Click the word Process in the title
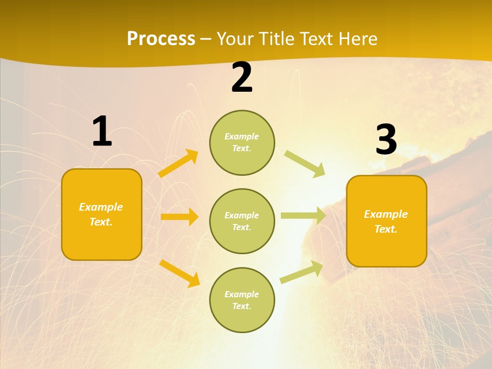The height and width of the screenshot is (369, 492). point(161,39)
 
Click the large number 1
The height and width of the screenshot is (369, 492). point(102,132)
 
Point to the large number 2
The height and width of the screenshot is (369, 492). point(242,78)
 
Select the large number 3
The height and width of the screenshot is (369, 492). point(386,139)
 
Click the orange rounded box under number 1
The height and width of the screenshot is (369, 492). point(101,214)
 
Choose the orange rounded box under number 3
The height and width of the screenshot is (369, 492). point(386,221)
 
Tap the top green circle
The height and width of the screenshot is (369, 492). point(242,142)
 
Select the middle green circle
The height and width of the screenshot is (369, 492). point(242,221)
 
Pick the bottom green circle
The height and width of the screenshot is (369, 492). point(242,300)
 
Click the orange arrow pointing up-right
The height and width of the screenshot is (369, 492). point(178,163)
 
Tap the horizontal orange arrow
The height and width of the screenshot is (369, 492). point(179,217)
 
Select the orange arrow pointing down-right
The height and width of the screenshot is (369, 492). point(179,273)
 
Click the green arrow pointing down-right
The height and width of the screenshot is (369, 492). point(305,163)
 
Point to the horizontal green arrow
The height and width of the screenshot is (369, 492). point(303,216)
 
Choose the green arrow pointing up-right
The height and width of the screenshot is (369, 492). point(301,272)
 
